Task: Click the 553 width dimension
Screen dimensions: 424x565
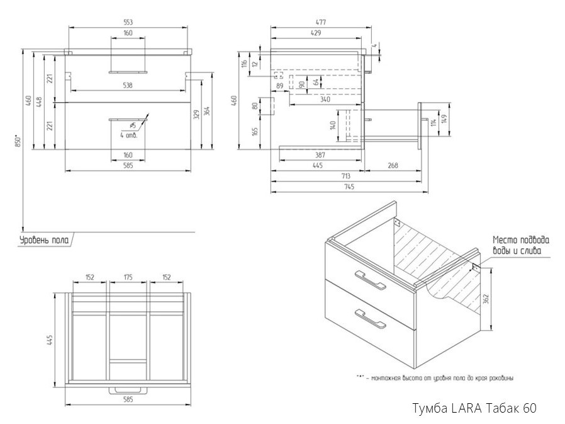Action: [128, 22]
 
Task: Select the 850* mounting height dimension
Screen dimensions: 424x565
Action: [18, 142]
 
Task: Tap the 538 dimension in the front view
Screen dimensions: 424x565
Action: [128, 86]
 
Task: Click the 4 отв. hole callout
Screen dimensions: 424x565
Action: [128, 135]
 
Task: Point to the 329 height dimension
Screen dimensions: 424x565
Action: [197, 113]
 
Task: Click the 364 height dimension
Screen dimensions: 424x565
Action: [207, 110]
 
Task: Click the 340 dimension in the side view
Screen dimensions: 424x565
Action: [325, 99]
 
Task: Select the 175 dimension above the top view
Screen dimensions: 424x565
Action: [128, 277]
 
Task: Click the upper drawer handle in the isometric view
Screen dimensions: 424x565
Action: [370, 280]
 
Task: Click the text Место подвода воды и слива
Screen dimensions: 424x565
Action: [520, 245]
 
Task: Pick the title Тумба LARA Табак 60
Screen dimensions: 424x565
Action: [473, 408]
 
